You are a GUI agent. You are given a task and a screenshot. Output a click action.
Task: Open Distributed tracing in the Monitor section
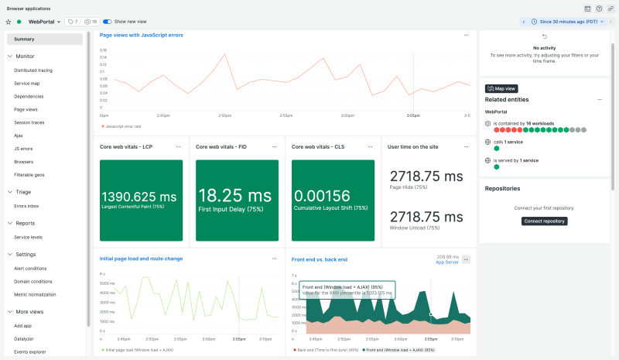33,70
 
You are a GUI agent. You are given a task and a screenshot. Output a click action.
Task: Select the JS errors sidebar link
23,149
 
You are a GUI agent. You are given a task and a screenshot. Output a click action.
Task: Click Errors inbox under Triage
26,206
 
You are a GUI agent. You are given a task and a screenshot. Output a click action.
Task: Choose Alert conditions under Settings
30,269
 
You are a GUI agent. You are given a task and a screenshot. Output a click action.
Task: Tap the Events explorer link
30,352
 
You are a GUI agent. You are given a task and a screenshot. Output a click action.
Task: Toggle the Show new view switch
108,22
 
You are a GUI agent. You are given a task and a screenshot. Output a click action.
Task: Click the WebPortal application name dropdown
44,22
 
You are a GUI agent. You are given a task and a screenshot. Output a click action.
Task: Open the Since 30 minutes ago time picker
567,22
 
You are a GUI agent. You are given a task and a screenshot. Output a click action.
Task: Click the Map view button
502,89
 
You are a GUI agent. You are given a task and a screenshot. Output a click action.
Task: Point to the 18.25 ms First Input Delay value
234,195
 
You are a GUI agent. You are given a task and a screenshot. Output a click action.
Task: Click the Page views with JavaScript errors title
141,35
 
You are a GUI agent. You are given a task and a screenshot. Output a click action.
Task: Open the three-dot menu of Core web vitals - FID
274,146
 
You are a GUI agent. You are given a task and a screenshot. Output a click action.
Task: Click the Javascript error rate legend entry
122,125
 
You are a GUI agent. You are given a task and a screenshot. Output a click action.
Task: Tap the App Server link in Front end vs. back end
447,262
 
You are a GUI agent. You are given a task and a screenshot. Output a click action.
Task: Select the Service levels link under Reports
28,237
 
